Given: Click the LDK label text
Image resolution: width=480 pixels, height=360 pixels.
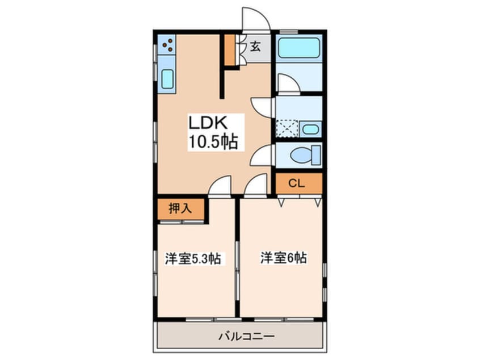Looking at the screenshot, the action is click(208, 123).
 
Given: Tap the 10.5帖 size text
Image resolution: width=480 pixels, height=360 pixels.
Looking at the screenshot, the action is click(213, 142).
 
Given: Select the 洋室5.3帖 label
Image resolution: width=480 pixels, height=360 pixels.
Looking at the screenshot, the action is click(193, 259).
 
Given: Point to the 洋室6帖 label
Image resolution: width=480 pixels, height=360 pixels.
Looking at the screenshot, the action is click(284, 258).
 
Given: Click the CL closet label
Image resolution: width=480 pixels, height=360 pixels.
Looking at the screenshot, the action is click(296, 183).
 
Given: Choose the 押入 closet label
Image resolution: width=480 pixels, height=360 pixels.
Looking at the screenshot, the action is click(180, 208).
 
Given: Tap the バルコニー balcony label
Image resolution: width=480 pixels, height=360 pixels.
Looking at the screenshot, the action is click(246, 336).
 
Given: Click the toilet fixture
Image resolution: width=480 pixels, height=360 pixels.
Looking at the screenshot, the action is click(305, 155).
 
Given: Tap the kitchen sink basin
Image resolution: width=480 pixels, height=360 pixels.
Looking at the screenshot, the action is click(167, 79).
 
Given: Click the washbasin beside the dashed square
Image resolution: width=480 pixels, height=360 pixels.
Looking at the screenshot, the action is click(310, 129).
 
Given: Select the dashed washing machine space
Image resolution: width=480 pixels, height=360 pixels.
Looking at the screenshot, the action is click(287, 128).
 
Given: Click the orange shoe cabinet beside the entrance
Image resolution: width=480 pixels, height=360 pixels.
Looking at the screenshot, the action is click(230, 49).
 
